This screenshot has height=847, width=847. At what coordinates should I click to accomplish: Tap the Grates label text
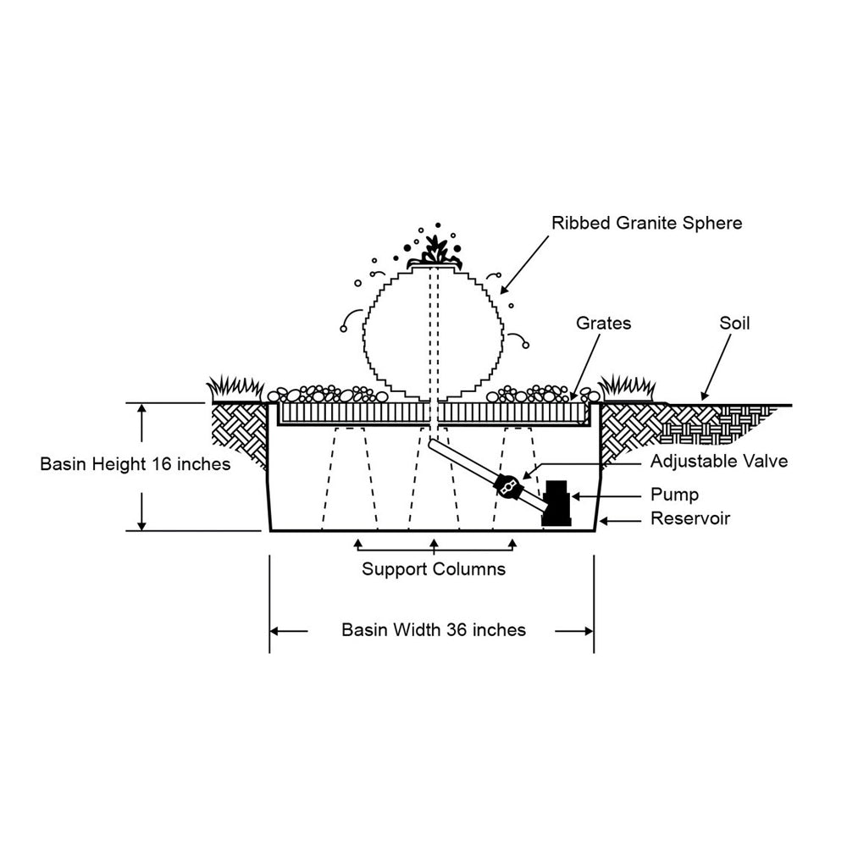[x=603, y=323]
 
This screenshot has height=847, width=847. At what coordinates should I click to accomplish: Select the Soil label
[x=734, y=323]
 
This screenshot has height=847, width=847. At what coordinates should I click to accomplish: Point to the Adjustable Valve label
[x=719, y=462]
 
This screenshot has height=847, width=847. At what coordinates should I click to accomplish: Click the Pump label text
[x=674, y=495]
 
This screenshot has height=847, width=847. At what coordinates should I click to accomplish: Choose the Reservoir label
[x=689, y=518]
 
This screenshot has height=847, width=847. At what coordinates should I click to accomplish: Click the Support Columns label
[x=434, y=568]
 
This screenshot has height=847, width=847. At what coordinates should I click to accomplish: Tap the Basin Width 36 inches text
[x=434, y=630]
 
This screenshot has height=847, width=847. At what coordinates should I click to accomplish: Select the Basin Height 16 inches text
[x=136, y=465]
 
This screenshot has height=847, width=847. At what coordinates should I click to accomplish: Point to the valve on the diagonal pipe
[x=508, y=486]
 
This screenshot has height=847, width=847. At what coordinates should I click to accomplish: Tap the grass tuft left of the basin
[x=233, y=389]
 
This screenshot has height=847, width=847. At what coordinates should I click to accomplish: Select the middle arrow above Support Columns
[x=434, y=545]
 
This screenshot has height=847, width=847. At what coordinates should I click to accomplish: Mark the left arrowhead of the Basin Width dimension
[x=276, y=631]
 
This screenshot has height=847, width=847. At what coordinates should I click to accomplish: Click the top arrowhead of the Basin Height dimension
[x=142, y=410]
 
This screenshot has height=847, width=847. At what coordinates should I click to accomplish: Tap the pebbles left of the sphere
[x=326, y=395]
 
